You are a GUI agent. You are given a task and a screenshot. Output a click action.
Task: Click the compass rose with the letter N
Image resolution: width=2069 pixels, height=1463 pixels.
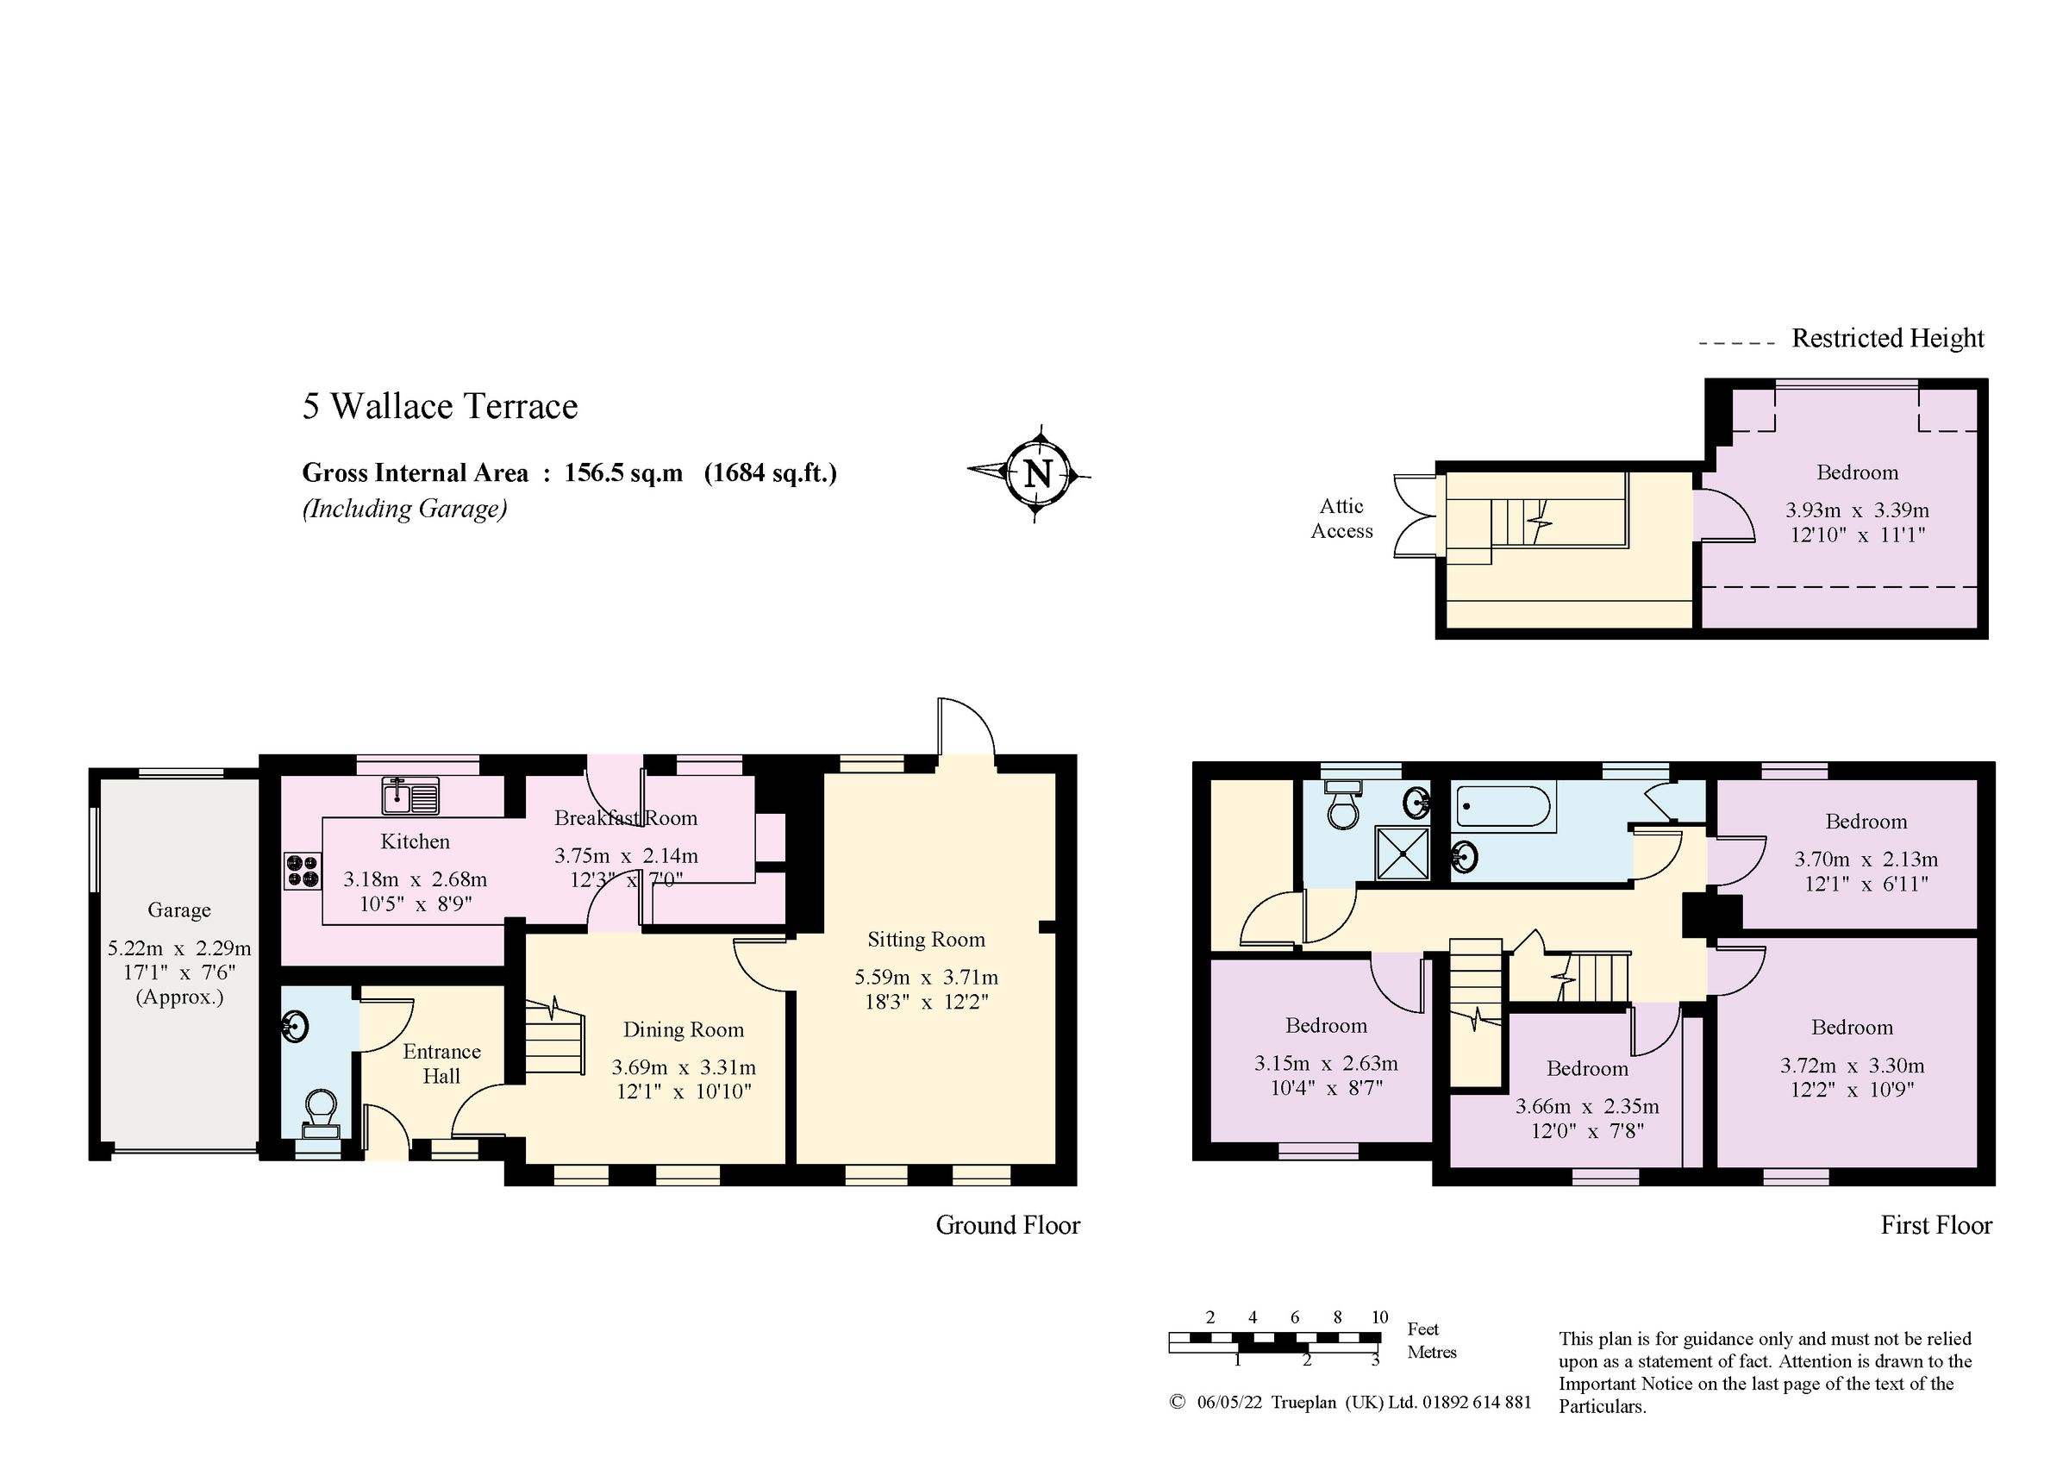click(x=1037, y=473)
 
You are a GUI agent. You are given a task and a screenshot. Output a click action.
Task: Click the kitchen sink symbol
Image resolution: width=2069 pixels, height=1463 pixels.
click(x=410, y=796)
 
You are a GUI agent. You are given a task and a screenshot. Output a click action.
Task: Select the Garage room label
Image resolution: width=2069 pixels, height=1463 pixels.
click(x=179, y=910)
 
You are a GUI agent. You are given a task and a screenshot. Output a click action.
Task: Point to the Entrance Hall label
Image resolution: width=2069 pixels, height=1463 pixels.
click(x=441, y=1064)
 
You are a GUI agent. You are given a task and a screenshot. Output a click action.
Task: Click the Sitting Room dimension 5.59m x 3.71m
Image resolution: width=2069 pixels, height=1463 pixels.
click(x=927, y=977)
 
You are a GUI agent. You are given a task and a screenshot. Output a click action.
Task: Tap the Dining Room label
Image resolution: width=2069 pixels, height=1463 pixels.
click(x=683, y=1029)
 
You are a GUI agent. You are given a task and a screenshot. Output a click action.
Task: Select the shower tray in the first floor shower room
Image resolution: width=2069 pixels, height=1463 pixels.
click(x=1402, y=853)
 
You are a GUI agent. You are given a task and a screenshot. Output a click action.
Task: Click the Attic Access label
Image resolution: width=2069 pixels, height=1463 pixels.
click(x=1341, y=518)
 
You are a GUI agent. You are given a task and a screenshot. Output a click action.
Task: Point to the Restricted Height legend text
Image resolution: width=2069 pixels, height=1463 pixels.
click(x=1887, y=339)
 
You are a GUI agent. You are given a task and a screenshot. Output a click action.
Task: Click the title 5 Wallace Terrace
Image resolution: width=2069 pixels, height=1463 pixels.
click(x=440, y=407)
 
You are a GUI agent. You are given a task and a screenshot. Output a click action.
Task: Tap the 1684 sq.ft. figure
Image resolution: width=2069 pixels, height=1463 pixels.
click(x=771, y=473)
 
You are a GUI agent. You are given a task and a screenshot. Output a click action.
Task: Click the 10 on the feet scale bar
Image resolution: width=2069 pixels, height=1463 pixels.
click(x=1379, y=1317)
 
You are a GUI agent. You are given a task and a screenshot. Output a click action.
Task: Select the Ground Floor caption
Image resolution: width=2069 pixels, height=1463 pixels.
click(x=1008, y=1225)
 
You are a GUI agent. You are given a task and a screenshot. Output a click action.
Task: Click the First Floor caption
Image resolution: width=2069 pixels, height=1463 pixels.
click(x=1935, y=1225)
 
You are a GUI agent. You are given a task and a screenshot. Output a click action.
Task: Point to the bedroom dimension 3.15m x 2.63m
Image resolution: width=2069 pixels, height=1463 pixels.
click(x=1326, y=1064)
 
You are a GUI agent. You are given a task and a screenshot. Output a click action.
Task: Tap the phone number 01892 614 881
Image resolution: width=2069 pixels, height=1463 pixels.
click(x=1477, y=1402)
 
